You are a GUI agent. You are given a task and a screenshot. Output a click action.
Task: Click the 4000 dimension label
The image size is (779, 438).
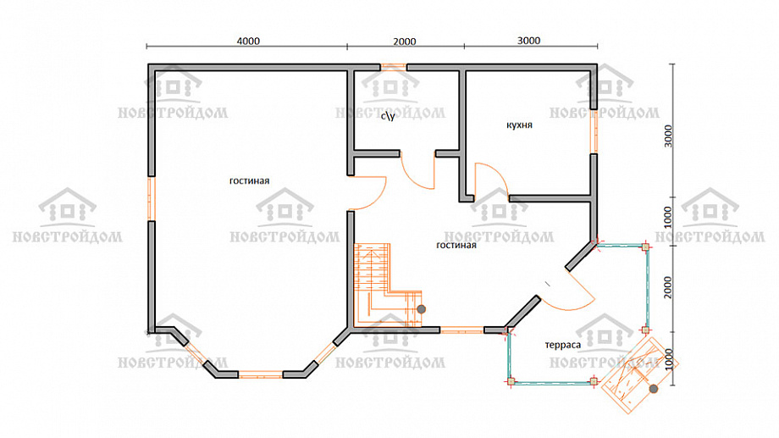[x=248, y=41]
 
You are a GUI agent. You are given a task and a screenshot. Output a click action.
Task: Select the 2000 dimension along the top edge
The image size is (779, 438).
[x=405, y=42]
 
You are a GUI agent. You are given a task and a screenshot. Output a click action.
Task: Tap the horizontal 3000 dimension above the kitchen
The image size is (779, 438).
[x=528, y=41]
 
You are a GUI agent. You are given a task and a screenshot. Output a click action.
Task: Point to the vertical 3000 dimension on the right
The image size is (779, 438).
[x=668, y=136]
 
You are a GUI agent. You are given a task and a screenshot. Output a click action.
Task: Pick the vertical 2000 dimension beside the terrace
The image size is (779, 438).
[x=668, y=287]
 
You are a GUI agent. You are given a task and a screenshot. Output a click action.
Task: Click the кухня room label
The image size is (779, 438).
[x=519, y=125]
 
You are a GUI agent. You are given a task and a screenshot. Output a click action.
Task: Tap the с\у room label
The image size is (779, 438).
[x=388, y=116]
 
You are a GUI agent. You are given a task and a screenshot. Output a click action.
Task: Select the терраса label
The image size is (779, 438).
[x=562, y=345]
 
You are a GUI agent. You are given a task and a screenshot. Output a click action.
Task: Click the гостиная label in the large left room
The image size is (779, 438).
[x=249, y=181]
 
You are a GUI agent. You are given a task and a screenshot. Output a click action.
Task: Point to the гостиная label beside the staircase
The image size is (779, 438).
[x=456, y=245]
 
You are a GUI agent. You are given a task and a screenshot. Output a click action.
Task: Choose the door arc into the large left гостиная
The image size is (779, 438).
[x=378, y=200]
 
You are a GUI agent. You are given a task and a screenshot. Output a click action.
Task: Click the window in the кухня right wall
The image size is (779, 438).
[x=594, y=131]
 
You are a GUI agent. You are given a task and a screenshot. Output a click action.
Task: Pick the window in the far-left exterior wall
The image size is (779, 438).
[x=151, y=198]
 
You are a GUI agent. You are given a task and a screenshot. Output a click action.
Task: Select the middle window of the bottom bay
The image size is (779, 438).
[x=261, y=374]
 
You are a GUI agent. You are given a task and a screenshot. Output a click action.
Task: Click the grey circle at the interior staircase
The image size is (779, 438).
[x=422, y=309]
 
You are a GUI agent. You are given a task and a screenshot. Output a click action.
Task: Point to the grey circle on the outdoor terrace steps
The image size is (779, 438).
[x=654, y=389]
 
